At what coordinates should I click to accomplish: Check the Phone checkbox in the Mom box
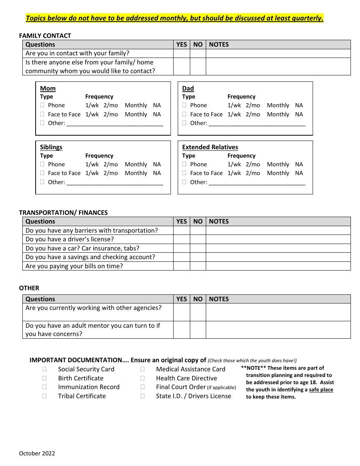click(x=42, y=105)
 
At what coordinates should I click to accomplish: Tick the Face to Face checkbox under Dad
click(x=185, y=114)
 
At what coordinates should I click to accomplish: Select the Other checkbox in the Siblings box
click(x=42, y=182)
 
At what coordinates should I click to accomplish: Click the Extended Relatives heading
click(x=210, y=147)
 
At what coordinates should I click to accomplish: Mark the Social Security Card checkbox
click(x=44, y=369)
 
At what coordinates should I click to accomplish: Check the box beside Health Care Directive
click(x=142, y=378)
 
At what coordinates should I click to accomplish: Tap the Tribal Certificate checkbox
click(x=44, y=396)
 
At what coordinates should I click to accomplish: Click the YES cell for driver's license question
click(x=182, y=239)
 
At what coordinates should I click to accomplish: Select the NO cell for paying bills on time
click(x=198, y=266)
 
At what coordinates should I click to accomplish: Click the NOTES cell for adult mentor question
click(x=278, y=330)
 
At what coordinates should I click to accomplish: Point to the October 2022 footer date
click(x=37, y=453)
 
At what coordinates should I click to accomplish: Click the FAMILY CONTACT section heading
click(x=45, y=36)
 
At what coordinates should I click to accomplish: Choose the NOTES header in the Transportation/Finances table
click(x=219, y=221)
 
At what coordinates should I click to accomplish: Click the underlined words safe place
click(x=321, y=389)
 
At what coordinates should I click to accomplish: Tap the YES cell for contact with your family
click(x=182, y=53)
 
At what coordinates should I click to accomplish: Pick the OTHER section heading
click(x=29, y=288)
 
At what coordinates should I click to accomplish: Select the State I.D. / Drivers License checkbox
click(x=142, y=396)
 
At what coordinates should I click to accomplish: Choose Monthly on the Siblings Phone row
click(x=136, y=164)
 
